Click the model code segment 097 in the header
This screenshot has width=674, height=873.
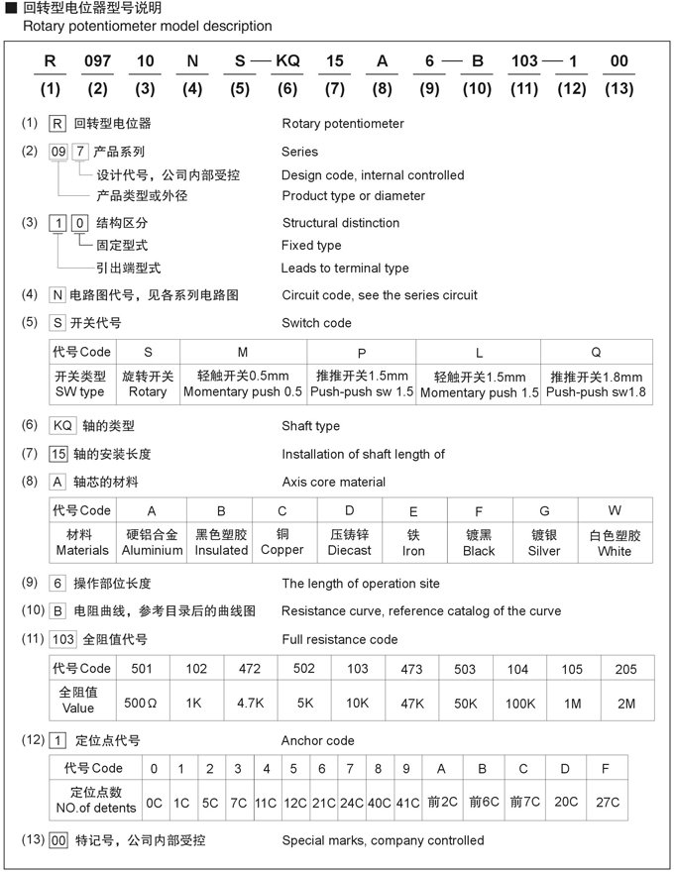click(x=97, y=61)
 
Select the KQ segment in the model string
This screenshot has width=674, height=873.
click(x=287, y=61)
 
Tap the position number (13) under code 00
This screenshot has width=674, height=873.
click(x=619, y=89)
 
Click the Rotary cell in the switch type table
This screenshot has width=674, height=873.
click(x=149, y=384)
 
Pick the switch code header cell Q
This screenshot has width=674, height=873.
click(x=596, y=353)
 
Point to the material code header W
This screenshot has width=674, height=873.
click(x=615, y=510)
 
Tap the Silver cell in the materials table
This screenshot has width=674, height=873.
click(x=544, y=550)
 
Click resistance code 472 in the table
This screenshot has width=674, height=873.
click(x=250, y=669)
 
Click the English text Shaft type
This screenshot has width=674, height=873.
click(x=310, y=426)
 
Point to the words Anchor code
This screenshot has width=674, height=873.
click(x=317, y=740)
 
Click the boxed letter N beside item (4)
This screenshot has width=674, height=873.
click(x=57, y=294)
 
